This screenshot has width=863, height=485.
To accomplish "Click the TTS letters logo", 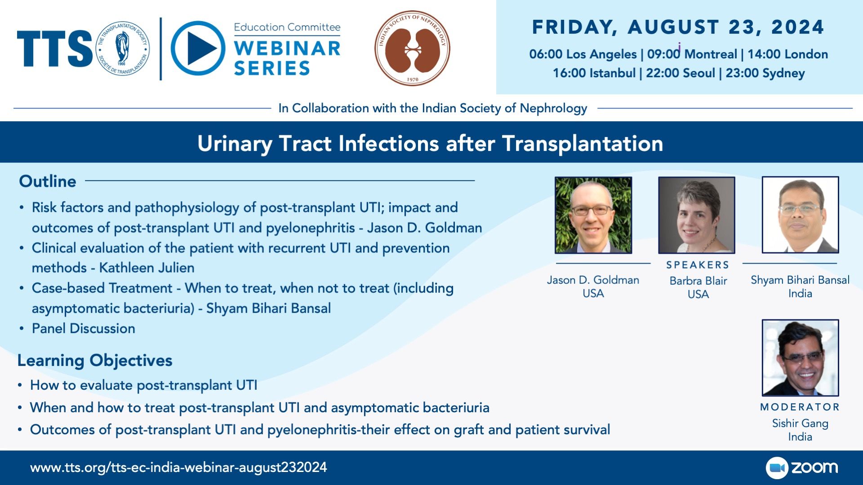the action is (55, 48).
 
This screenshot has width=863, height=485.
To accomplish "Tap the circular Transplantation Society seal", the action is (122, 48).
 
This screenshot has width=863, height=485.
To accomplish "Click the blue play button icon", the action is (198, 48).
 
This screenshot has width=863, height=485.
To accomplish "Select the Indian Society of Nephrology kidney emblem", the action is (412, 48).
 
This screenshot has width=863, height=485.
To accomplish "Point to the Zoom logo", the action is (802, 467).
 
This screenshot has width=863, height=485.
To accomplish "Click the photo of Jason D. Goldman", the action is (593, 215).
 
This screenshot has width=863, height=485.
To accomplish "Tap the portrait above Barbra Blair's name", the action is (697, 215).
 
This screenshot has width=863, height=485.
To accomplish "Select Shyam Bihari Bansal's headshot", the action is (801, 215).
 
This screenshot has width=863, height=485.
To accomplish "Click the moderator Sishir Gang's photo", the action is (801, 357).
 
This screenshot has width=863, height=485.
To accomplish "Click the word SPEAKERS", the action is (698, 265).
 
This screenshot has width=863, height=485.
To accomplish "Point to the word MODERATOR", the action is (800, 407).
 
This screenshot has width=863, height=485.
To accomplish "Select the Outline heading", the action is (48, 181).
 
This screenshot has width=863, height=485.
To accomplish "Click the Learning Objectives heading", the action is (95, 360).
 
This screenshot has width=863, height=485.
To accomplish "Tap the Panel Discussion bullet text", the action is (83, 328).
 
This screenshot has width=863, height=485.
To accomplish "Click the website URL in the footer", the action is (178, 467).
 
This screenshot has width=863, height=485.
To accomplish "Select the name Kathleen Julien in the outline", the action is (147, 268).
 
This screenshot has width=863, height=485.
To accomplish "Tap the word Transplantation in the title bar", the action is (583, 144).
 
